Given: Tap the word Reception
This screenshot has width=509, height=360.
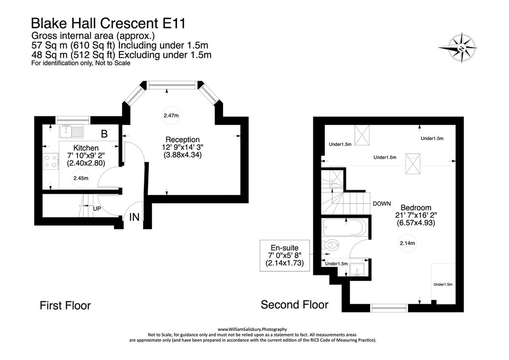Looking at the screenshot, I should click(x=182, y=140).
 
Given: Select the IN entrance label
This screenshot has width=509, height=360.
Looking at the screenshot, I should click(x=134, y=217).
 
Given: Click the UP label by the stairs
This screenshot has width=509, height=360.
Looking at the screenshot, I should click(x=97, y=209).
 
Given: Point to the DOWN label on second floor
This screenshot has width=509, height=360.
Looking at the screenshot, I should click(x=381, y=204).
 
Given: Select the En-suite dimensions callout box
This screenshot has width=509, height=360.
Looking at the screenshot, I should click(x=285, y=256).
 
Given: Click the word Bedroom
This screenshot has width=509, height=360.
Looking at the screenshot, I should click(x=416, y=208).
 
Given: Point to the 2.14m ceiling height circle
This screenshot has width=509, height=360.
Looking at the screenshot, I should click(x=407, y=243).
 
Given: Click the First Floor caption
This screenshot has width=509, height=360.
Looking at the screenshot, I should click(x=65, y=305).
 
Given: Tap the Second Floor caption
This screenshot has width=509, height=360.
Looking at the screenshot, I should click(x=294, y=304).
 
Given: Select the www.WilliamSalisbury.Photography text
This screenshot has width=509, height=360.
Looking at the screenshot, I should click(x=252, y=329).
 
